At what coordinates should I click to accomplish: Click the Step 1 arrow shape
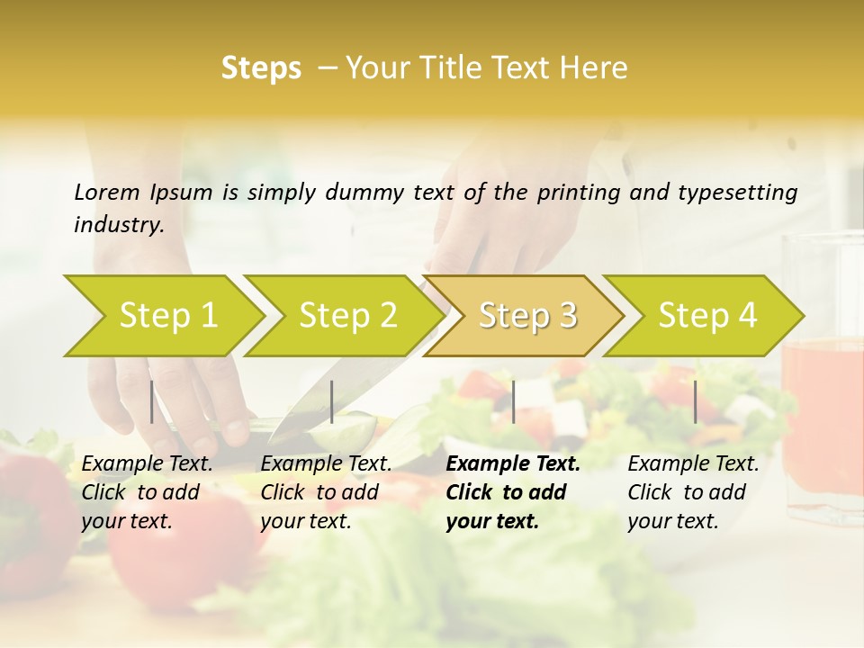tap(167, 315)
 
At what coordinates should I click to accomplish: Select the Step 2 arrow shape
tap(347, 315)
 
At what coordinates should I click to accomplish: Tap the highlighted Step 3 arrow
tap(527, 315)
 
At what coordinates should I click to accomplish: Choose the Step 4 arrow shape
tap(707, 315)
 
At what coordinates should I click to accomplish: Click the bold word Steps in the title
tap(261, 67)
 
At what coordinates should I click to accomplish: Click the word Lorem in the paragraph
tap(107, 192)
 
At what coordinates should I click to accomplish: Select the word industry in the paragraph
tap(118, 224)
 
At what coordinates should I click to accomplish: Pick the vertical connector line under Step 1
tap(151, 401)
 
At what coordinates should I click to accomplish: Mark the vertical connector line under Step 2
tap(332, 401)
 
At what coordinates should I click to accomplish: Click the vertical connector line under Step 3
tap(513, 401)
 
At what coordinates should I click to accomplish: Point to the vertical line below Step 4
tap(695, 401)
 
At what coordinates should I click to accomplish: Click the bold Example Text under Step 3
tap(513, 464)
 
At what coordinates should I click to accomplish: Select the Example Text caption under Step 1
tap(147, 464)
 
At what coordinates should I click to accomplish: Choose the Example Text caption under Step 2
tap(326, 464)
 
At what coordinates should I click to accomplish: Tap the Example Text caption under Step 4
tap(693, 464)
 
